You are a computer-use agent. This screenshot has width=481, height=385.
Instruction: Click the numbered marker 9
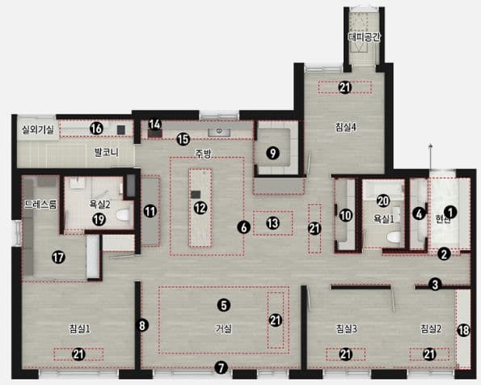pos(272,153)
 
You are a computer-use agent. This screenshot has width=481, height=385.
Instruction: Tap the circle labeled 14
pos(155,125)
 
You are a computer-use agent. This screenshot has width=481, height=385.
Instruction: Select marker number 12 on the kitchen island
pos(200,208)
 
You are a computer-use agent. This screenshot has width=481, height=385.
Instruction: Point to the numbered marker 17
pos(58,257)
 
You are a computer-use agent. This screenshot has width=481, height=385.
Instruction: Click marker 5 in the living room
pos(224,305)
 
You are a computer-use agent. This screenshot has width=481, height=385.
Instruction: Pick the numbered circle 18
pos(463,330)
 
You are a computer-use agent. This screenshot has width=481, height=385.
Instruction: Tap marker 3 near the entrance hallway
pos(435,285)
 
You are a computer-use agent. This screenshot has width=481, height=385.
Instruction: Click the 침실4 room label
pos(346,128)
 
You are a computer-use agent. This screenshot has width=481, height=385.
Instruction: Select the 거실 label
pos(224,329)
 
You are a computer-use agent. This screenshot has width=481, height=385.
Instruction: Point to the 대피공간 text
pos(364,37)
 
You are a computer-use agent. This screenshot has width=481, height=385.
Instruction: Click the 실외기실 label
pos(38,129)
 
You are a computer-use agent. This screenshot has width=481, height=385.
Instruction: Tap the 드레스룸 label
pos(40,205)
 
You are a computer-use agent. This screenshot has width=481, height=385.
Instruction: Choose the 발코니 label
pos(106,152)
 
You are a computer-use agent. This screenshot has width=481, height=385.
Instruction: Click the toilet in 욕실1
pos(394,237)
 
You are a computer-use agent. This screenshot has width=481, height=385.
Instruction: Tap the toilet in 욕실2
pos(123,215)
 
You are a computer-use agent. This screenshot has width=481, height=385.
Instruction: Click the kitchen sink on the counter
pos(219,132)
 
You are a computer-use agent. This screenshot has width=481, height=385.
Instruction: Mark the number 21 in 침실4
pos(345,87)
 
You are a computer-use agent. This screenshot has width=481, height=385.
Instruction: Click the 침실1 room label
pos(79,329)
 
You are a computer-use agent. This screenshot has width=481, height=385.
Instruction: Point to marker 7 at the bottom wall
pos(222,367)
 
